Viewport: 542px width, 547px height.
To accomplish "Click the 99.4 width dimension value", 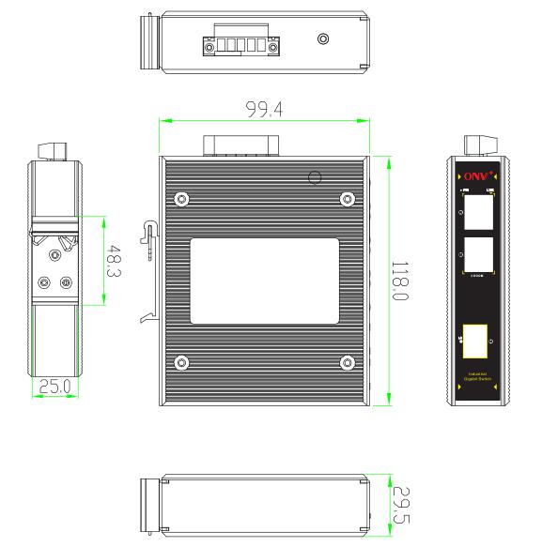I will tap(265, 109).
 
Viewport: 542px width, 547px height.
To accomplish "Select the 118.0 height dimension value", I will tap(398, 282).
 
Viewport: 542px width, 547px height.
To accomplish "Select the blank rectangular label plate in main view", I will tap(265, 281).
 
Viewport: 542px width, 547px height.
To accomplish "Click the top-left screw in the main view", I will tap(181, 198).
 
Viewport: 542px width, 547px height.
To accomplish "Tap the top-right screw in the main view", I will tap(348, 198).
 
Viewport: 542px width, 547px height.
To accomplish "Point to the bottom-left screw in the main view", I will tap(181, 362).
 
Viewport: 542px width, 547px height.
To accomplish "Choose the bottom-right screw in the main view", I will tap(348, 362).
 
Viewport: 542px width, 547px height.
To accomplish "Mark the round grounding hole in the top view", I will tap(324, 39).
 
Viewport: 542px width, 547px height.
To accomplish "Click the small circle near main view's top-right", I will tap(316, 176).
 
